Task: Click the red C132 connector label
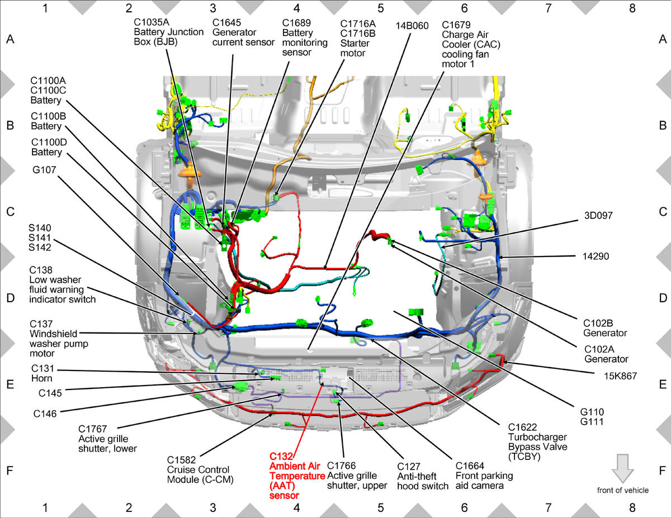pyautogui.click(x=281, y=457)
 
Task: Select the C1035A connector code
pyautogui.click(x=152, y=22)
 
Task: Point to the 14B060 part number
pyautogui.click(x=412, y=26)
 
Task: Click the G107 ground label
pyautogui.click(x=44, y=170)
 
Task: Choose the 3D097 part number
pyautogui.click(x=598, y=215)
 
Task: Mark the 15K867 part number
pyautogui.click(x=620, y=376)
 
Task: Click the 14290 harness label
pyautogui.click(x=596, y=256)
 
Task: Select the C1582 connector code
pyautogui.click(x=181, y=460)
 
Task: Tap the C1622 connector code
pyautogui.click(x=522, y=427)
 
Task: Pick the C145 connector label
pyautogui.click(x=50, y=393)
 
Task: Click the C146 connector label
pyautogui.click(x=45, y=414)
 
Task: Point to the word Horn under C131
pyautogui.click(x=42, y=378)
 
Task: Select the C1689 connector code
pyautogui.click(x=296, y=23)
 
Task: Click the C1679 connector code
pyautogui.click(x=456, y=25)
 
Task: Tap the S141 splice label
pyautogui.click(x=40, y=237)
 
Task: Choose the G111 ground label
pyautogui.click(x=592, y=421)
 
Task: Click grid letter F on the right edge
pyautogui.click(x=662, y=471)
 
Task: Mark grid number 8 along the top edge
pyautogui.click(x=632, y=8)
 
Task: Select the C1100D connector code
pyautogui.click(x=49, y=142)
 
